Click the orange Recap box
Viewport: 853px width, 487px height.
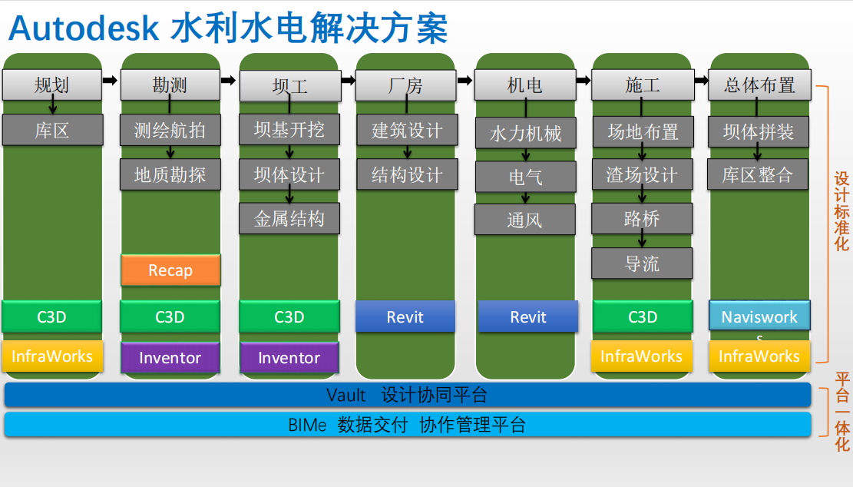170,270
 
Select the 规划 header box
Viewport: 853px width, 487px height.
52,84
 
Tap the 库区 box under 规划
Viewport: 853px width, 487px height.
52,130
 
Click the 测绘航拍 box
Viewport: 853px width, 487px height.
170,130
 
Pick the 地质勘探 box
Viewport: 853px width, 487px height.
170,174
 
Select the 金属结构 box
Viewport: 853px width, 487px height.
289,219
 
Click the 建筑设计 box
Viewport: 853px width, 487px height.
407,130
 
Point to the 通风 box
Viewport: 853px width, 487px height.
525,219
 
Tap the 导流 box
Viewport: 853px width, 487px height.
642,263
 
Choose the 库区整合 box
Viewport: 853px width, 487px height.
758,174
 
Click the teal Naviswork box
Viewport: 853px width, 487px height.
759,316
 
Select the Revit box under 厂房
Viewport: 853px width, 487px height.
405,316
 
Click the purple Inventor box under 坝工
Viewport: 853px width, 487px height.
289,357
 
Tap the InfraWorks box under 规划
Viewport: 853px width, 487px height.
52,356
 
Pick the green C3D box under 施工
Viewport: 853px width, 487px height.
643,316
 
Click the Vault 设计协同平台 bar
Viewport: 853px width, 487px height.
408,395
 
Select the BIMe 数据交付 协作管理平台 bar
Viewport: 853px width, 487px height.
408,425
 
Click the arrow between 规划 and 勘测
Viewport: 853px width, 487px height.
110,81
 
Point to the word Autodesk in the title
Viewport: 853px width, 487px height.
84,28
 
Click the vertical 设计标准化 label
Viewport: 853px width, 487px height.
841,211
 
